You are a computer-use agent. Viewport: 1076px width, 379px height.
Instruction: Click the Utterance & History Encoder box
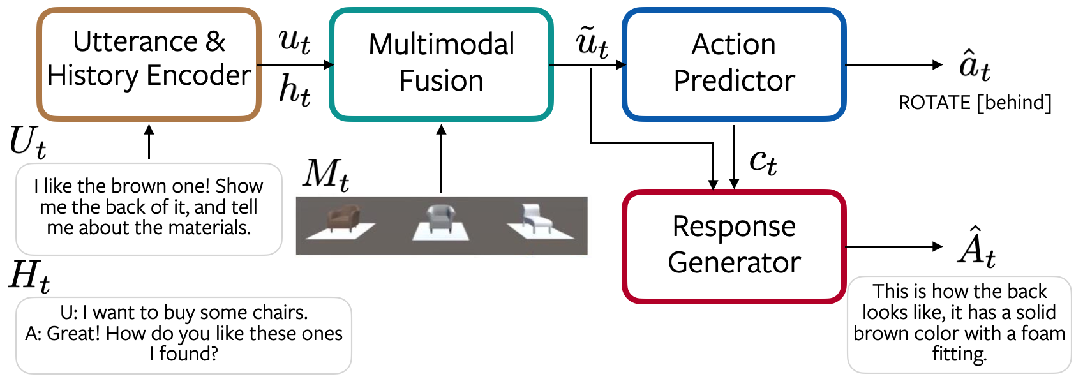pos(149,64)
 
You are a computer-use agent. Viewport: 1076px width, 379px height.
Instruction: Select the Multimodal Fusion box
pos(441,64)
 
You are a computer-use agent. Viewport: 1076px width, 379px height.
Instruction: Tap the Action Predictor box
pos(734,64)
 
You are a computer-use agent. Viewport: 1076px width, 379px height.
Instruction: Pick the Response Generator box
pos(734,246)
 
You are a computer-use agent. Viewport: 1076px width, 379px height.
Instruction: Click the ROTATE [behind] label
pos(975,103)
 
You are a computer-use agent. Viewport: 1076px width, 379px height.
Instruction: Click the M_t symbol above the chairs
pos(326,174)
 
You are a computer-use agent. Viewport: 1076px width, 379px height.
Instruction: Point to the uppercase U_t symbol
pos(27,142)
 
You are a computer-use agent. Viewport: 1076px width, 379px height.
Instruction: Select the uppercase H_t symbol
pos(29,276)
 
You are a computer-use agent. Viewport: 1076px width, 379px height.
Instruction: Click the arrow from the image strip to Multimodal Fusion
pos(441,160)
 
